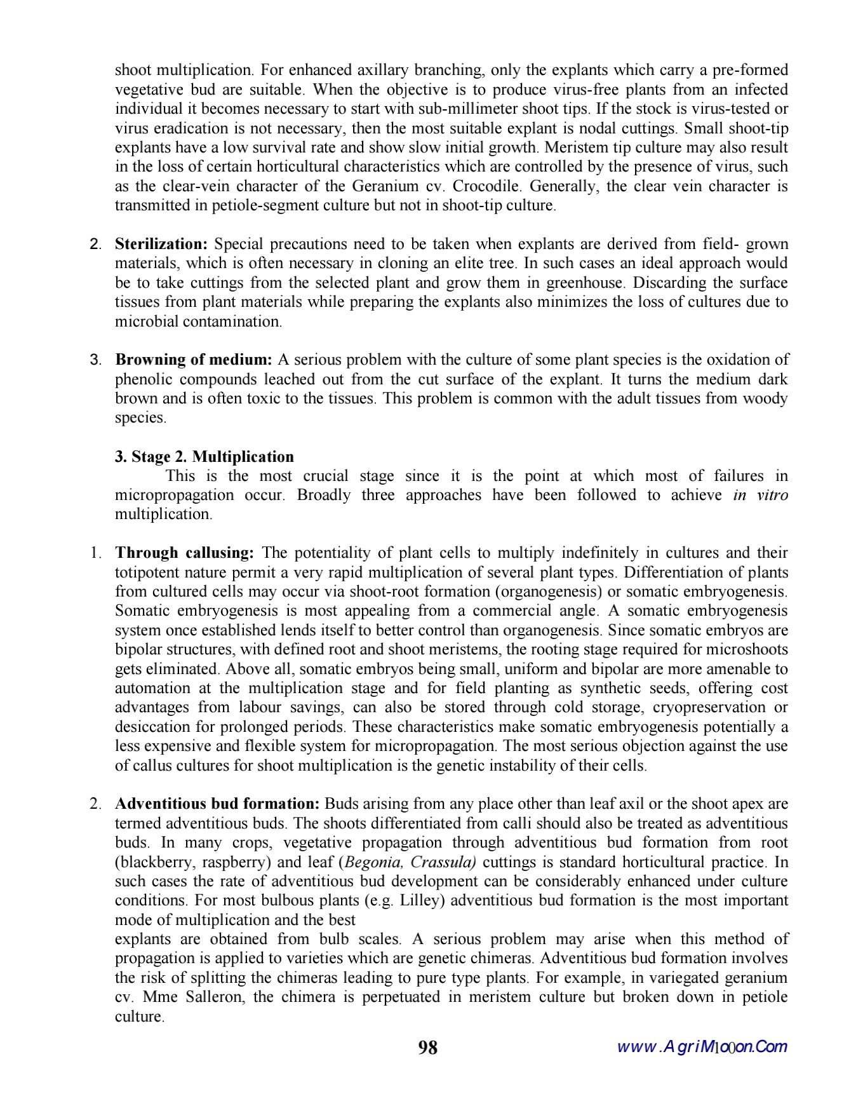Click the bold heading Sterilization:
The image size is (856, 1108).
click(161, 244)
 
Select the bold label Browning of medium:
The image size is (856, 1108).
click(194, 360)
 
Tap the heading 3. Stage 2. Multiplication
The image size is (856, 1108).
click(204, 457)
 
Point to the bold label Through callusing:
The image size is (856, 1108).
click(185, 553)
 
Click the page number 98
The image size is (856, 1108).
click(428, 1047)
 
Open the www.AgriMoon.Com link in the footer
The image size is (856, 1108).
click(702, 1047)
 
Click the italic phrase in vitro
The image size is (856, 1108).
click(760, 495)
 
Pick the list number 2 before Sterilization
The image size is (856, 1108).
click(96, 244)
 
